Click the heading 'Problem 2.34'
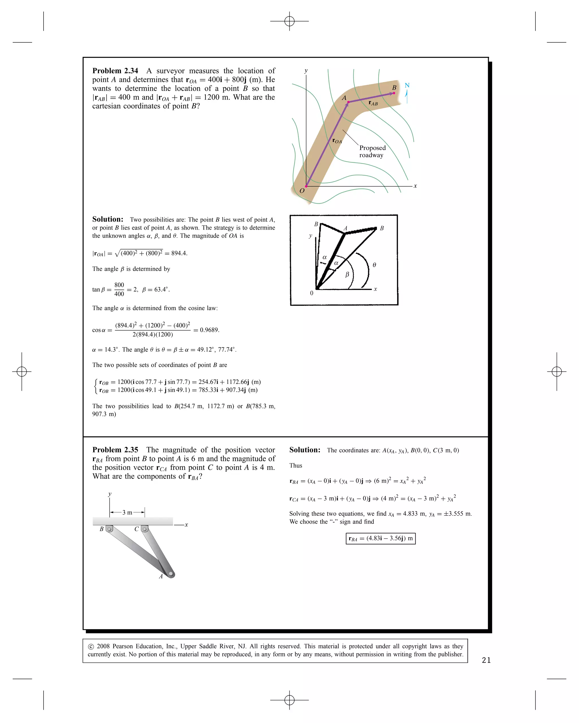[x=115, y=71]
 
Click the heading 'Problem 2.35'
[x=115, y=450]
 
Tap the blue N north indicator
[x=407, y=86]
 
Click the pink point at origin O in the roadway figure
[x=306, y=186]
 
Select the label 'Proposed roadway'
[x=372, y=151]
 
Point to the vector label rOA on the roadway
[x=337, y=141]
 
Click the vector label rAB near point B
[x=373, y=103]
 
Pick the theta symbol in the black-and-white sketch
[x=374, y=265]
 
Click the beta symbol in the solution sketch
[x=347, y=274]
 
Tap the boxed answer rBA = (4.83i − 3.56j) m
[x=381, y=539]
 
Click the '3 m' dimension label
[x=127, y=512]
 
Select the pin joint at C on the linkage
[x=145, y=529]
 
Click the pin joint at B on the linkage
[x=109, y=529]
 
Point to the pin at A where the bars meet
[x=171, y=574]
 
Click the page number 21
[x=486, y=660]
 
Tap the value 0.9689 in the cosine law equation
[x=209, y=330]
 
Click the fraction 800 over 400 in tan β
[x=119, y=289]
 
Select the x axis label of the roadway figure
[x=415, y=186]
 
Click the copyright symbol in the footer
[x=91, y=646]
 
